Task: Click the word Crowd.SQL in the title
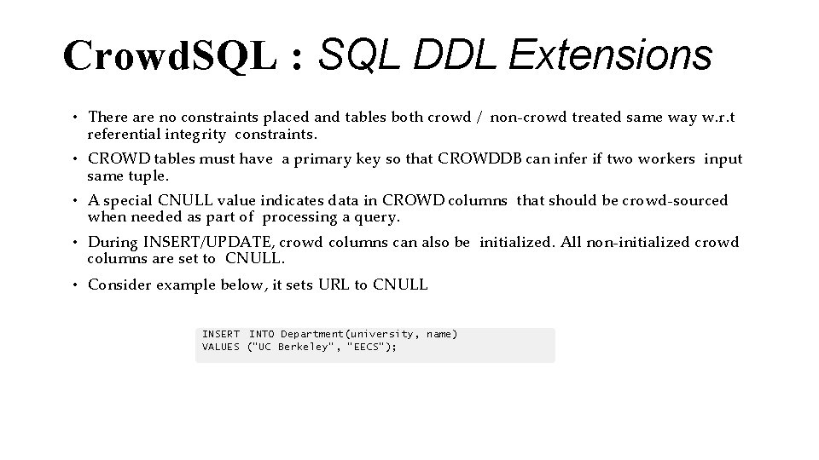click(170, 56)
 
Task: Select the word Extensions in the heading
click(611, 56)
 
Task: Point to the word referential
click(124, 134)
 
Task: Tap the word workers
click(665, 158)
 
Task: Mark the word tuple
click(151, 175)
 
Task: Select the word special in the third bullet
click(131, 200)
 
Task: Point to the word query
click(379, 217)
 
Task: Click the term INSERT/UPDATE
click(200, 242)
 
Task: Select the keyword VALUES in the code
click(220, 347)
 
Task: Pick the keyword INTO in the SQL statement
click(261, 334)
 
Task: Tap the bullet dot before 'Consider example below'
click(75, 285)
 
